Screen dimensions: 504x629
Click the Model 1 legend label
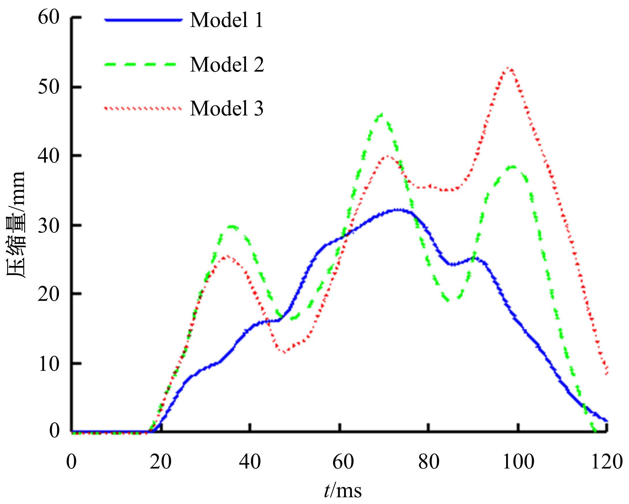(226, 20)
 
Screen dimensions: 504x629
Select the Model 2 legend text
(227, 64)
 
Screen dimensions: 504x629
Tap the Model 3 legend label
(227, 108)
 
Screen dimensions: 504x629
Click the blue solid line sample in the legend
(143, 20)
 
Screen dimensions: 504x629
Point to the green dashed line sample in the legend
(141, 64)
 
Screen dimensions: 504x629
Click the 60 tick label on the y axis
(48, 18)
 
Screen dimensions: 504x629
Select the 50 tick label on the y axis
(48, 87)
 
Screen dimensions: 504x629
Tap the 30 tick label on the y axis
(48, 225)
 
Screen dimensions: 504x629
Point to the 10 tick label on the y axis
(48, 364)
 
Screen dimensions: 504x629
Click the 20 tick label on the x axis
(160, 462)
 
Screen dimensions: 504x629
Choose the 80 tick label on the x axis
(428, 462)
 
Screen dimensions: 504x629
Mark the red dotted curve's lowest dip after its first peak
(284, 352)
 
